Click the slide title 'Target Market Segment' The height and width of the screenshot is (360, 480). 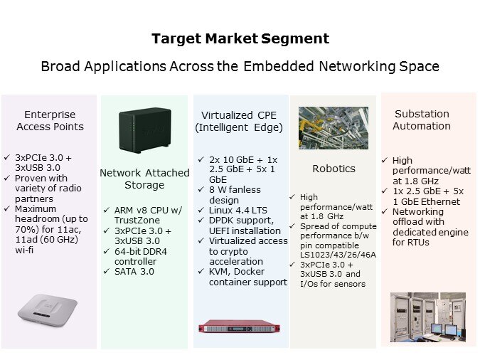click(x=240, y=38)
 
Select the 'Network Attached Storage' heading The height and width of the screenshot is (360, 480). click(x=144, y=179)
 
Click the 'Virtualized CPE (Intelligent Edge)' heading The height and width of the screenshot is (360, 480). click(x=238, y=121)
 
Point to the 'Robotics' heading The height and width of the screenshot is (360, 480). click(x=334, y=169)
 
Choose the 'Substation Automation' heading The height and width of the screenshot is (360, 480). click(x=422, y=120)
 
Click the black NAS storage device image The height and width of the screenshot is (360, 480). click(x=145, y=131)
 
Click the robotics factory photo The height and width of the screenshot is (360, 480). click(x=333, y=127)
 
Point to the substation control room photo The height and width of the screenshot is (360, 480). click(x=427, y=317)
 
